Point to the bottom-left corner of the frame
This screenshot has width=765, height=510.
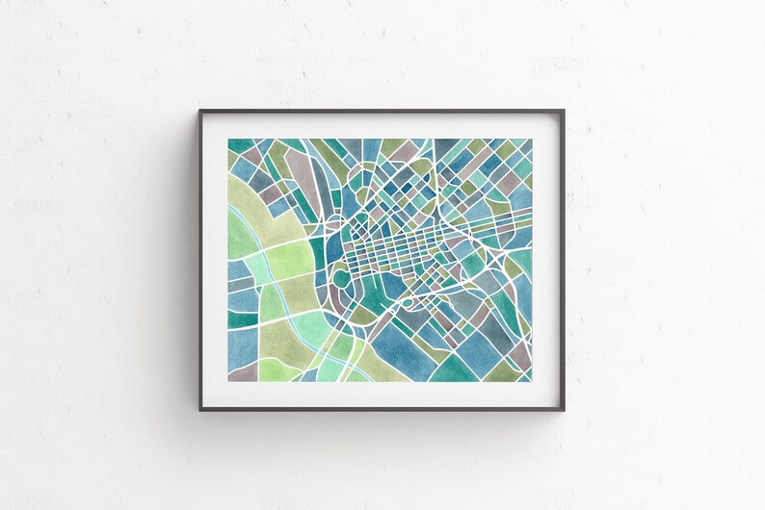point(201,410)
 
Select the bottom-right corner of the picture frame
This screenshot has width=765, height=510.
point(564,410)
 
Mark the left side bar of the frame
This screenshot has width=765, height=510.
point(201,261)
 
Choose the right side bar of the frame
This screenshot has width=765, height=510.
point(564,261)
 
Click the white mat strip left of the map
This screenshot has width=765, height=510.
point(215,261)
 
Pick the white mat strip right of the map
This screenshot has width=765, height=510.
point(545,261)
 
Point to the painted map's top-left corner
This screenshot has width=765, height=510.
point(229,139)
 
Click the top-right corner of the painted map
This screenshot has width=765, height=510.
point(532,139)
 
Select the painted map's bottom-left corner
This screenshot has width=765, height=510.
point(229,382)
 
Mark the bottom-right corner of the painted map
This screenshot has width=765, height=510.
point(532,382)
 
